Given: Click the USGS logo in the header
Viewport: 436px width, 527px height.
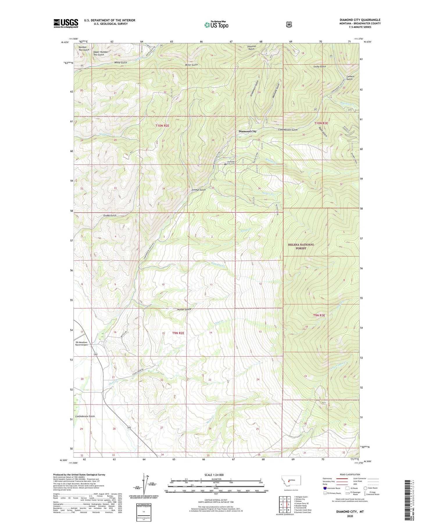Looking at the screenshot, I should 66,23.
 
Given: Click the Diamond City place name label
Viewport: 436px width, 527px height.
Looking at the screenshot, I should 247,131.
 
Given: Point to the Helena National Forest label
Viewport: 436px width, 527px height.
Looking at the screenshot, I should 301,246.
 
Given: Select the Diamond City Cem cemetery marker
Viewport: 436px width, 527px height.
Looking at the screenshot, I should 225,164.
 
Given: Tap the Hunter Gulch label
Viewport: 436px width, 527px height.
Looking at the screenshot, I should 184,309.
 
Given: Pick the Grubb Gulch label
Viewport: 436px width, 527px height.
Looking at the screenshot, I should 110,215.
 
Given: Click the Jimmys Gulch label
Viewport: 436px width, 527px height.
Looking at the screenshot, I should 199,190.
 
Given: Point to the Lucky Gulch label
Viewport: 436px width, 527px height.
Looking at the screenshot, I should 319,66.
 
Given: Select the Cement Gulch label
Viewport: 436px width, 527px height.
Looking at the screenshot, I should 350,78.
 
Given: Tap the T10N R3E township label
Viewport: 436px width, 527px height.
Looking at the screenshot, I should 321,123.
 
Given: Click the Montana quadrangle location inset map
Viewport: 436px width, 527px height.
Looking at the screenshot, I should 291,482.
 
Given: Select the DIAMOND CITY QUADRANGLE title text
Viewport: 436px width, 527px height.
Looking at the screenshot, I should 360,20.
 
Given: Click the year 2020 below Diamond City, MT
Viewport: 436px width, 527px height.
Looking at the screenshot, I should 350,516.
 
